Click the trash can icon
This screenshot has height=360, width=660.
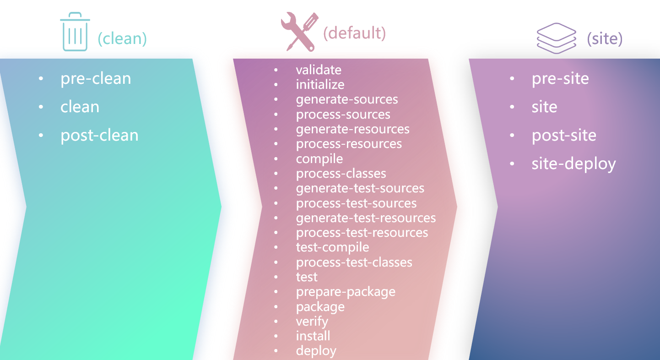pos(75,32)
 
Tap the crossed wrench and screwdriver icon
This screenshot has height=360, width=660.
pos(299,32)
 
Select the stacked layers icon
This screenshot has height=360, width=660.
pos(556,38)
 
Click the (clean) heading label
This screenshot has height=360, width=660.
pos(122,38)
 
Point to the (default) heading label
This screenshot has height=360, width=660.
pos(354,33)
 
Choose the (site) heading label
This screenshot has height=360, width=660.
pos(605,38)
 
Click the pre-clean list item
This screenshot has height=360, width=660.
pos(96,79)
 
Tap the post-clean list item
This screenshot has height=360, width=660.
pos(99,136)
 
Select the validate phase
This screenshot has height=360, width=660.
pos(319,70)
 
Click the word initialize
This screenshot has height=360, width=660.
pos(320,85)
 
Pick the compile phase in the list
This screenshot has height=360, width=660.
pos(319,159)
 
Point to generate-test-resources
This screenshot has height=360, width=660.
pos(366,218)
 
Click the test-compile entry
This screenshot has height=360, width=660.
pos(332,247)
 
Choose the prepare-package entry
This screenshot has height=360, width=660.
pos(346,292)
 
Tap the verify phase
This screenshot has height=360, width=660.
pos(312,322)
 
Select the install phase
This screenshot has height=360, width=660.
pos(313,336)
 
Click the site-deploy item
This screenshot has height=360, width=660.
pos(573,164)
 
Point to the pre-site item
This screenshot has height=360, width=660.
pos(560,79)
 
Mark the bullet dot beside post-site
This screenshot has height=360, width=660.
pos(512,135)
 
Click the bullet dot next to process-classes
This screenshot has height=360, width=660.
pos(276,174)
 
